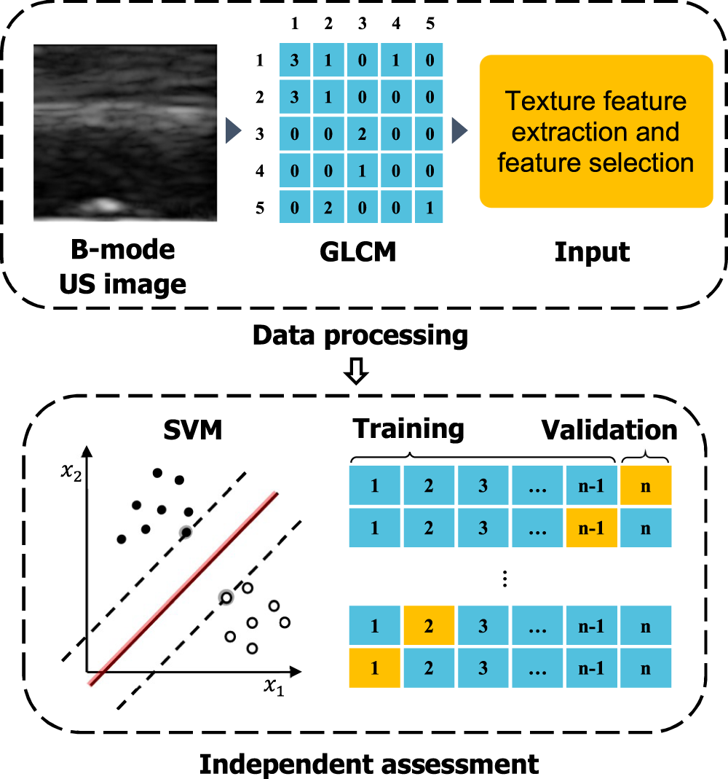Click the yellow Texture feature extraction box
click(x=596, y=131)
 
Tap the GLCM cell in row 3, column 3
click(x=362, y=135)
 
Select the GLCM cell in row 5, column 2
click(x=328, y=207)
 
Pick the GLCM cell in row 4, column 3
click(x=362, y=171)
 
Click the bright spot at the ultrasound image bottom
click(x=106, y=205)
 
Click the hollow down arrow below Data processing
click(x=358, y=373)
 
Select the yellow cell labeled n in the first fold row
click(x=645, y=486)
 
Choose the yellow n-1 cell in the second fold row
click(x=591, y=527)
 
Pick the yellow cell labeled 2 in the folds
click(x=429, y=626)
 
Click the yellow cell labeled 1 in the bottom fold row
click(x=374, y=668)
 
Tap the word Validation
click(x=609, y=430)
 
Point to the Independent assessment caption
click(x=369, y=763)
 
